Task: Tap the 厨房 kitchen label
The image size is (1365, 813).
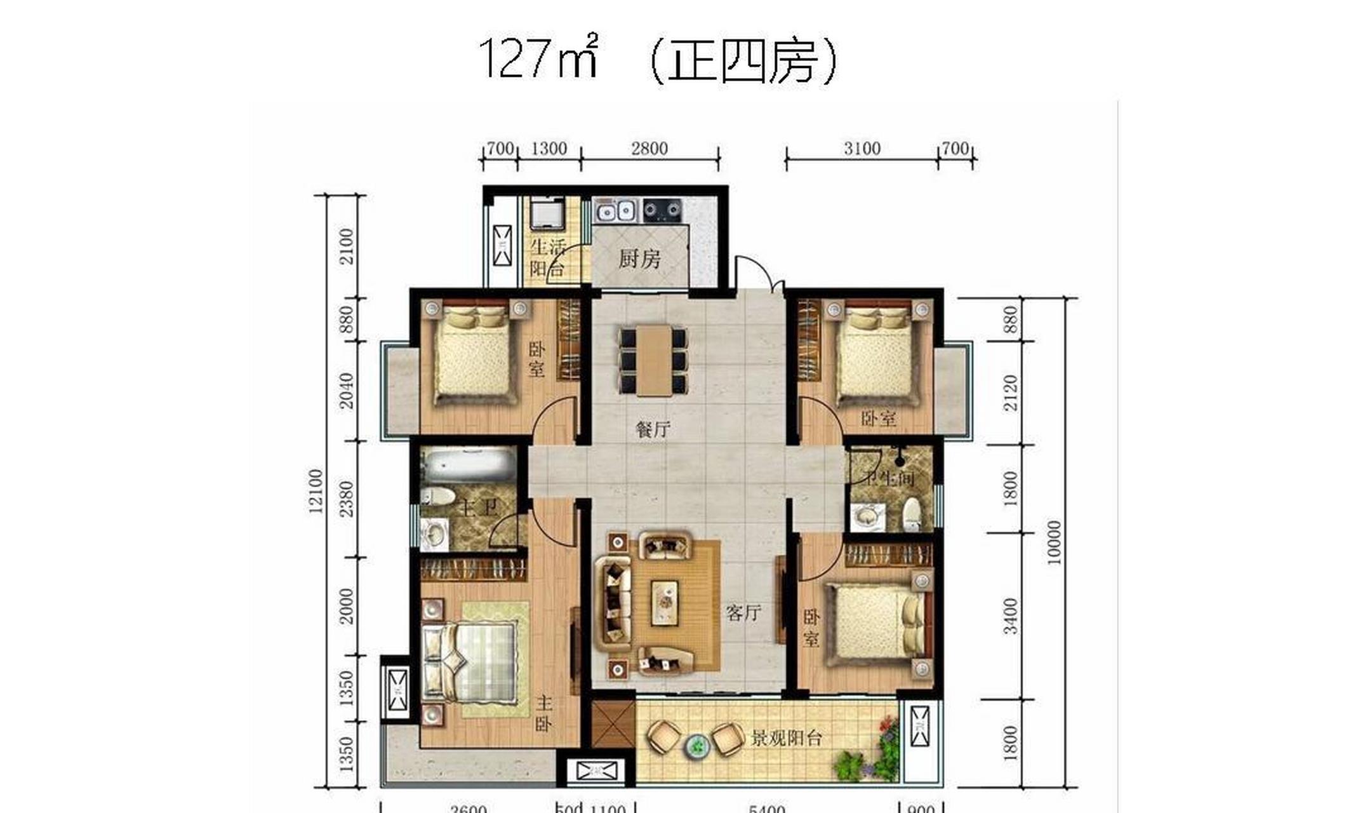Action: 639,259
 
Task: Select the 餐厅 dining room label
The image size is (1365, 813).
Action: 653,429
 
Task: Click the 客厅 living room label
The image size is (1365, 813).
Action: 743,613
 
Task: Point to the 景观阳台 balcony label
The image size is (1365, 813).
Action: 787,738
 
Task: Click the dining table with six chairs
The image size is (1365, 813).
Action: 653,359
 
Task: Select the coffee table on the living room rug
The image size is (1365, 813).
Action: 665,603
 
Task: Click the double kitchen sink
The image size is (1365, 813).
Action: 616,210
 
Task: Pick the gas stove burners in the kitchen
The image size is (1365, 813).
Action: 662,210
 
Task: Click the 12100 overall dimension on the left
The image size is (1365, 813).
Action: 316,490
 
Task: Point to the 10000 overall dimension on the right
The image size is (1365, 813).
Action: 1054,542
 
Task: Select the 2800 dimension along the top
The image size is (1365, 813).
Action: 649,149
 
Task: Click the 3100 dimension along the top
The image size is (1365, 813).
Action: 862,149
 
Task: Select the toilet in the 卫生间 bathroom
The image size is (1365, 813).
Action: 912,514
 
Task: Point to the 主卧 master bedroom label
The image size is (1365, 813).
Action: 543,713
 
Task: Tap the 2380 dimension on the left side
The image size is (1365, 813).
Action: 346,499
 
